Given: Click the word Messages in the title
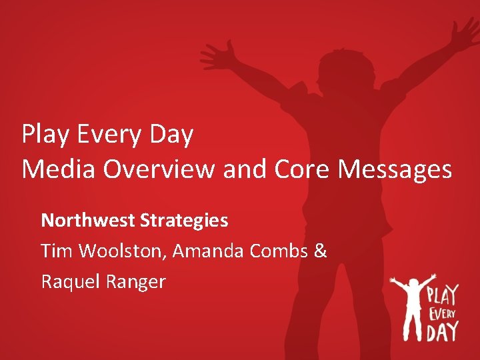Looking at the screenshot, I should tap(395, 169).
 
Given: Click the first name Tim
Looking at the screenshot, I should tap(55, 251).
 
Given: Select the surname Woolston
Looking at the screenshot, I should tap(121, 251).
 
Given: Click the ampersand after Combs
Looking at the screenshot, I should tap(320, 251).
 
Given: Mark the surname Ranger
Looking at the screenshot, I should tap(135, 282).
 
